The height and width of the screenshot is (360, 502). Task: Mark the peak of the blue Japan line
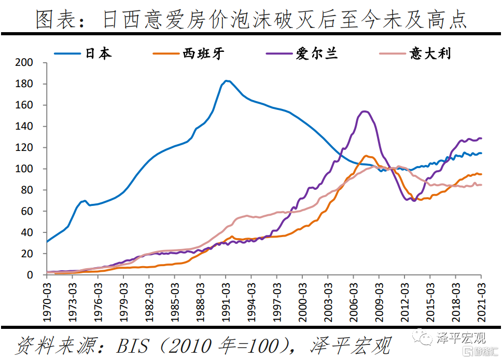tap(226, 80)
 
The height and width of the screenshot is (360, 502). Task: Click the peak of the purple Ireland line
tap(364, 111)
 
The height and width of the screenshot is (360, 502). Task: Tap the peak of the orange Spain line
tap(366, 156)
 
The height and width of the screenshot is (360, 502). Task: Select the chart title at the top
tap(251, 20)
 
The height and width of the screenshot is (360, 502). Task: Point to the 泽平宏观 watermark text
tap(462, 339)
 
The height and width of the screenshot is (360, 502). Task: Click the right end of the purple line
tap(482, 138)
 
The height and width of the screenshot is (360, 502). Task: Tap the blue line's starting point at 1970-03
tap(47, 242)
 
